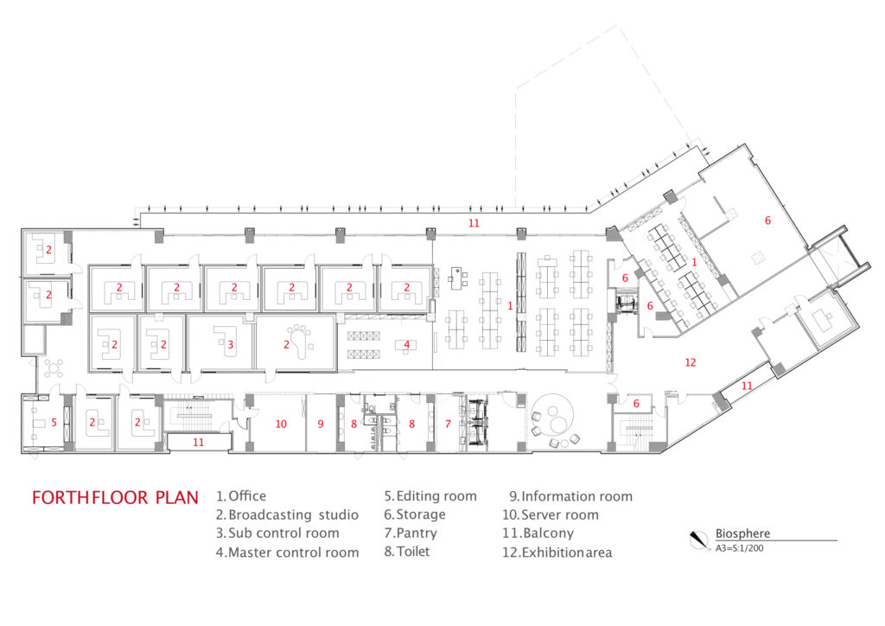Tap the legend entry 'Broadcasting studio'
(x=287, y=514)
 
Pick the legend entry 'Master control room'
(x=287, y=553)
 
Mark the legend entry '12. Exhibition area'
(x=560, y=553)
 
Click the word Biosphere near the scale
(x=742, y=533)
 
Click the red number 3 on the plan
(x=231, y=344)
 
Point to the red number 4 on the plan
(x=406, y=344)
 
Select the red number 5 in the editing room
(x=54, y=423)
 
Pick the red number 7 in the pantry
(x=448, y=424)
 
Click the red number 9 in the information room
(x=320, y=424)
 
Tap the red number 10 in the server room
(x=280, y=424)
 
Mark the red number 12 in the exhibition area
(x=690, y=362)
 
